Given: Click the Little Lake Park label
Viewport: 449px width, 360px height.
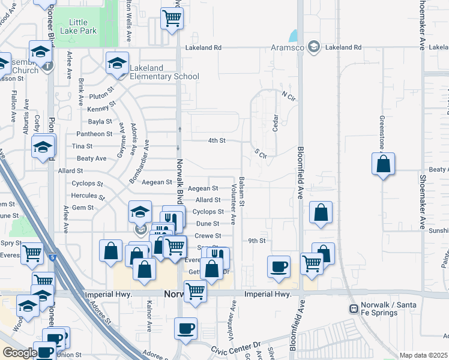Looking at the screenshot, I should (x=83, y=27).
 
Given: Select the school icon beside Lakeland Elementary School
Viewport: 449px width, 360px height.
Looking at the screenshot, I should (x=117, y=62).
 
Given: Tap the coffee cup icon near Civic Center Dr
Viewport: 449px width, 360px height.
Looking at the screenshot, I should (x=185, y=329).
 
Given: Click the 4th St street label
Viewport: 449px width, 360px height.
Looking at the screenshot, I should (x=216, y=140).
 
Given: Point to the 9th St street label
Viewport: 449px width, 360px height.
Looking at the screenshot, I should (x=257, y=241).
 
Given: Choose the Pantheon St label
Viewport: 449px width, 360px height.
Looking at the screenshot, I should (x=92, y=134).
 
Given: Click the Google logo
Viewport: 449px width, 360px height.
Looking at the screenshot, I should (x=19, y=353).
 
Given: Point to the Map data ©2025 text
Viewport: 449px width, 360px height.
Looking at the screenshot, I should (x=423, y=355).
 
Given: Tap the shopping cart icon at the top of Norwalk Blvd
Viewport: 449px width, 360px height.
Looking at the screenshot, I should (x=172, y=19).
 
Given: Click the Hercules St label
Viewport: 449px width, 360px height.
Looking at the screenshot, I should (x=89, y=196).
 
